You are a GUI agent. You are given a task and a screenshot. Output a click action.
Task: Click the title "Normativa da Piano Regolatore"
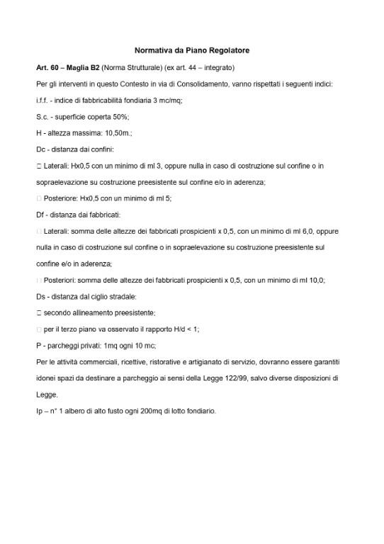[x=192, y=51]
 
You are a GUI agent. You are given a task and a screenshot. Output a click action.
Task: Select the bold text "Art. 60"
[x=47, y=68]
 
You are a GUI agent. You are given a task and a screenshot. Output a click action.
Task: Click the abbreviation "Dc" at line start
[x=40, y=149]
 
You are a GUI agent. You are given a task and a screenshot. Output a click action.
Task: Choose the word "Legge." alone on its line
[x=47, y=395]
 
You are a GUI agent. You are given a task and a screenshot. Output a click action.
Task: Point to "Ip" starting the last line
[x=39, y=411]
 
